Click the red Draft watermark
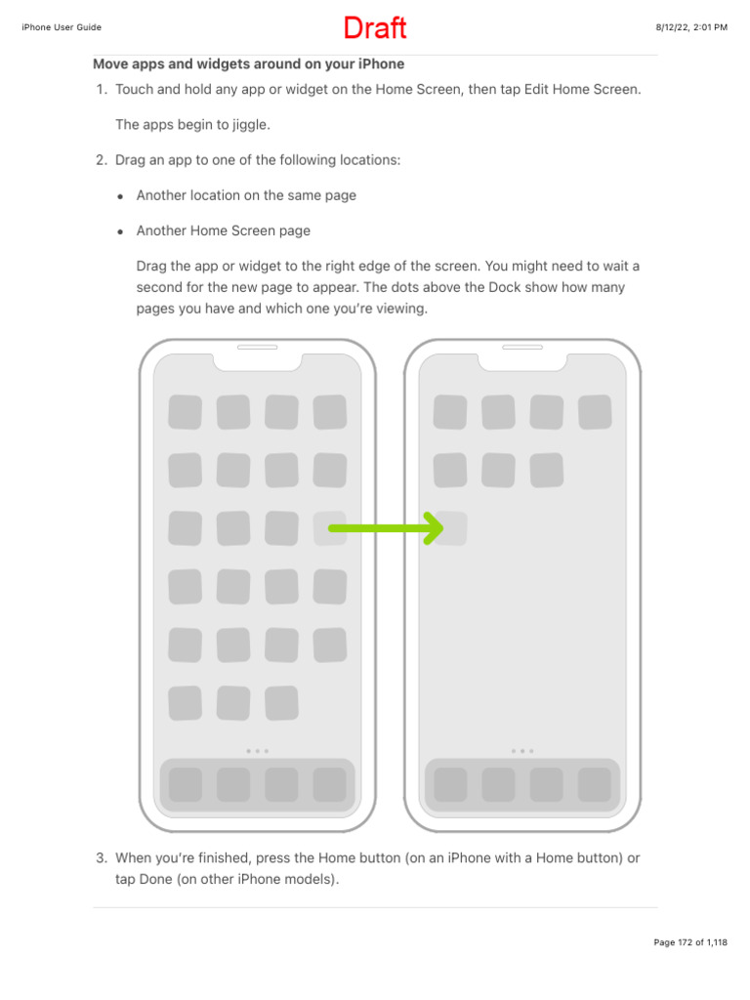[x=374, y=28]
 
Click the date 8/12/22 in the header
[x=675, y=27]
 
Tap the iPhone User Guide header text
[x=62, y=27]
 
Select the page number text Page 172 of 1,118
[x=689, y=942]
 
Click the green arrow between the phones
[x=386, y=528]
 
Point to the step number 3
[x=101, y=858]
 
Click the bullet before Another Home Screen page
[x=120, y=232]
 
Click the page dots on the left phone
[x=257, y=751]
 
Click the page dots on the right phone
[x=522, y=751]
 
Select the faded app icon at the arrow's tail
[x=329, y=528]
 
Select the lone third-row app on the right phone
[x=450, y=528]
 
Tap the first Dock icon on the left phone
[x=186, y=784]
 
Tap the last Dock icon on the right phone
[x=594, y=784]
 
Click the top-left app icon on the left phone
[x=186, y=412]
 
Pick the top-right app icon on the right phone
[x=594, y=412]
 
